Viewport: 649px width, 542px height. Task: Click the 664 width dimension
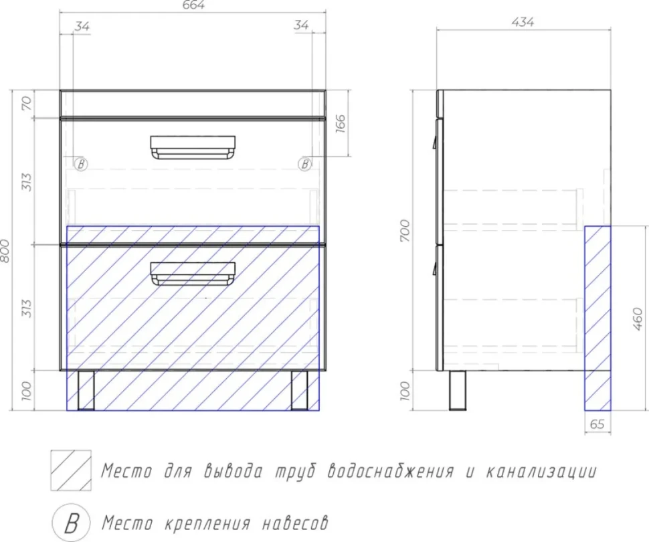pos(194,5)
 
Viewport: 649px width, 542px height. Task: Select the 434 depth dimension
pos(523,22)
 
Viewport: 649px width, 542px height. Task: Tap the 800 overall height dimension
pos(5,250)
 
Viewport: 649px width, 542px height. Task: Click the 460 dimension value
pos(638,319)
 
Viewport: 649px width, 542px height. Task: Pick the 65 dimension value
pos(597,424)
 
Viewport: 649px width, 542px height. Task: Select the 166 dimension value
pos(340,123)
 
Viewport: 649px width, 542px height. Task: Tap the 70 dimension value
pos(26,102)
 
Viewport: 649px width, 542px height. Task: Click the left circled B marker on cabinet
pos(81,165)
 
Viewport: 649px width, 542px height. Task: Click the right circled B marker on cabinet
pos(304,165)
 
